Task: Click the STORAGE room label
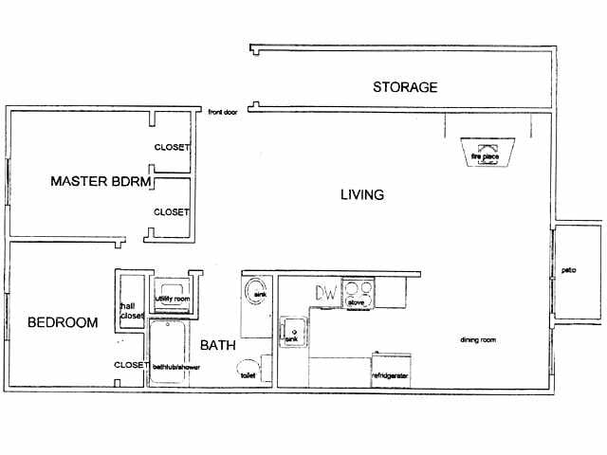coord(405,87)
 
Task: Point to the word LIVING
coord(361,195)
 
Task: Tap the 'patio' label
coord(569,270)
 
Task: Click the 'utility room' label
coord(174,299)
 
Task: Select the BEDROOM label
coord(63,322)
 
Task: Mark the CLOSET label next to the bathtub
coord(129,364)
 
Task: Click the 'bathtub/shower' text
coord(172,365)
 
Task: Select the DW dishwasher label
coord(326,293)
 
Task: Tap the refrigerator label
coord(390,374)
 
